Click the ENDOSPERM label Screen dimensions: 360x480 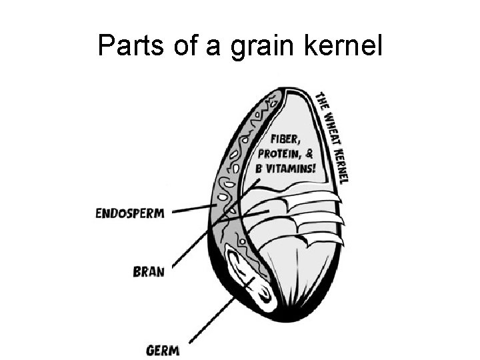130,213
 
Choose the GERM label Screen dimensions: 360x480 163,349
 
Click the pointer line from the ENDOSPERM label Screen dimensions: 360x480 193,210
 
